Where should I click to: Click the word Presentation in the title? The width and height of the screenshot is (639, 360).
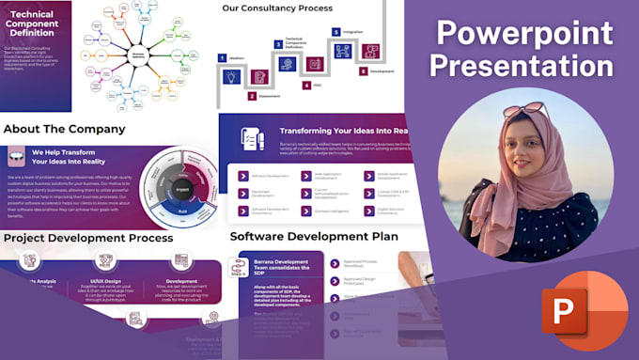click(x=525, y=66)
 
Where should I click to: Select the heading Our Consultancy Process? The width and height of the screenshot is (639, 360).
click(x=277, y=8)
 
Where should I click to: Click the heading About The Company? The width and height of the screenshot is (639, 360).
click(x=64, y=129)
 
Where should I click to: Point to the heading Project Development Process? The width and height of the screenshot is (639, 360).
click(x=88, y=239)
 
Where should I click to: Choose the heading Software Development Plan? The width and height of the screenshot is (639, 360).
click(x=313, y=236)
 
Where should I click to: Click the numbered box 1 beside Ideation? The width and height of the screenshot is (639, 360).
click(x=222, y=57)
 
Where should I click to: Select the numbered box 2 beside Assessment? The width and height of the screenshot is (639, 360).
click(x=252, y=96)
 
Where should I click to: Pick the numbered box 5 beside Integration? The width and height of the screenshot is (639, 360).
click(x=335, y=31)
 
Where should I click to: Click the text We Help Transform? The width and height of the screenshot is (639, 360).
click(x=64, y=151)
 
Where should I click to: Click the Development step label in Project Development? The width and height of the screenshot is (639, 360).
click(x=181, y=280)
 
